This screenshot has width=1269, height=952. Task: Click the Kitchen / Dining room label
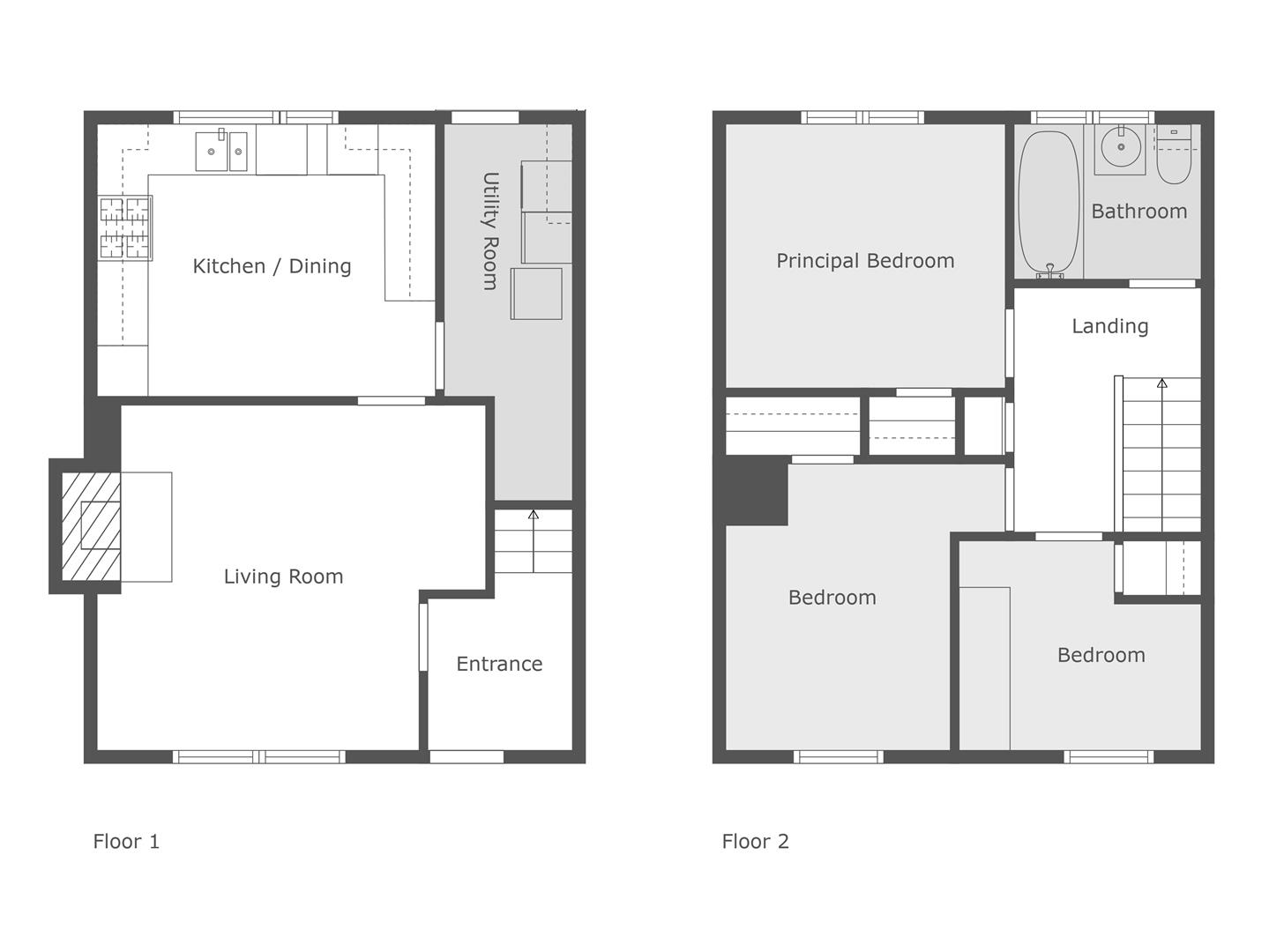(272, 266)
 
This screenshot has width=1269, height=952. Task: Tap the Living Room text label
(283, 576)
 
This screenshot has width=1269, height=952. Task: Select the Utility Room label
(490, 230)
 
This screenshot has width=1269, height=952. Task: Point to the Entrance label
(499, 665)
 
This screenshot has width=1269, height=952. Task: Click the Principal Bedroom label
(865, 261)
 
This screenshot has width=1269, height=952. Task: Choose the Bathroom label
(1138, 212)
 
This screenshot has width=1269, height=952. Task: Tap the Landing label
(1110, 326)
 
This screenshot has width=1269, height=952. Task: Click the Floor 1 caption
(126, 842)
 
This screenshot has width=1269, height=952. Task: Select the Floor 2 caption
(755, 842)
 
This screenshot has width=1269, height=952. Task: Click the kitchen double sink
(221, 152)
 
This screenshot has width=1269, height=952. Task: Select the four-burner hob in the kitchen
(125, 228)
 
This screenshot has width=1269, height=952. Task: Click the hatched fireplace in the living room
(92, 526)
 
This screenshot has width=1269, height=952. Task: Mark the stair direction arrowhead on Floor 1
(533, 515)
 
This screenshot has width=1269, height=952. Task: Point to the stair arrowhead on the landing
(1162, 383)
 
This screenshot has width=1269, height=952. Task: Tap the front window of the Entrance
(467, 756)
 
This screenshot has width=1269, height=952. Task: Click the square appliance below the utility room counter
(536, 294)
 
